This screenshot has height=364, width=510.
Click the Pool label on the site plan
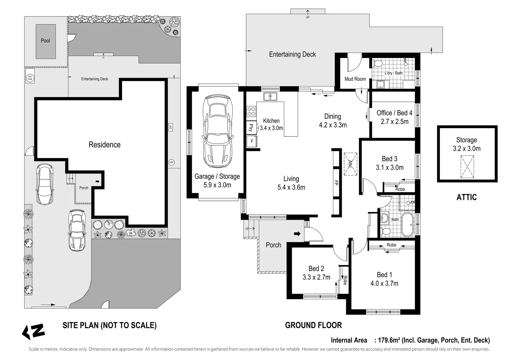(x=45, y=40)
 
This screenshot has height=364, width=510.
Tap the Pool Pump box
(x=30, y=78)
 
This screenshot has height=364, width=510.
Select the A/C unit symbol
(x=170, y=127)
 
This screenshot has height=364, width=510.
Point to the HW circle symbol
(x=171, y=162)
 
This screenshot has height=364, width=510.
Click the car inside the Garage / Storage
(x=217, y=131)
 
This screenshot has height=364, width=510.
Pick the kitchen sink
(x=270, y=96)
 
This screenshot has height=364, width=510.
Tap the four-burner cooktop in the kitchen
(x=251, y=112)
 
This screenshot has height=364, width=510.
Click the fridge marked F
(x=252, y=141)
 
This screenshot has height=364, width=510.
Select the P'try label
(x=251, y=127)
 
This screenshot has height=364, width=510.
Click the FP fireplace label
(x=336, y=183)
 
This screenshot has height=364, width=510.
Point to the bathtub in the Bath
(x=408, y=224)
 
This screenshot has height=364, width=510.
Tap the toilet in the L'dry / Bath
(x=377, y=63)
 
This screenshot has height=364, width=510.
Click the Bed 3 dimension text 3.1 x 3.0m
(x=390, y=167)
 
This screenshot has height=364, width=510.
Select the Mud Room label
(x=355, y=79)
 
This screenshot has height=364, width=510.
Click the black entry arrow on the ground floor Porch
(x=297, y=234)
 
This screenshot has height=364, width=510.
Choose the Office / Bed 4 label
(x=394, y=113)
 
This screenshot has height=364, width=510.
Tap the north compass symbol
(x=33, y=332)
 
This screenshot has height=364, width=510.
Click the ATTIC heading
(x=467, y=197)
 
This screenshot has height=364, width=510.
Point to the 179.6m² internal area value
(x=389, y=340)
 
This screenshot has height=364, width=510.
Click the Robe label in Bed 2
(x=345, y=280)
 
